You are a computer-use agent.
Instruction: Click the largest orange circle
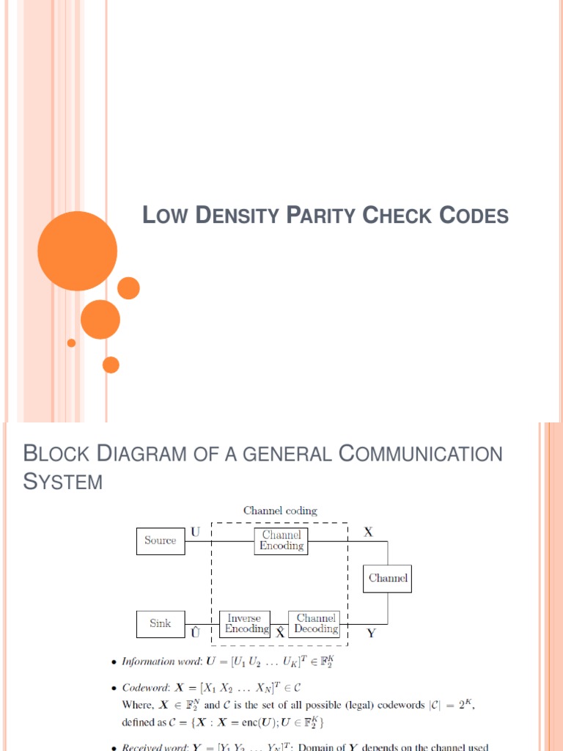click(77, 251)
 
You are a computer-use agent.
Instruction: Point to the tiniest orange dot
click(71, 342)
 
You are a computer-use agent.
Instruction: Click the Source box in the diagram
click(160, 541)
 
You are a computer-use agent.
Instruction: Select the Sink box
click(160, 623)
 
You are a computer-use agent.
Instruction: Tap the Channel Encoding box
click(281, 541)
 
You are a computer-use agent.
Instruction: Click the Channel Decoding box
click(316, 623)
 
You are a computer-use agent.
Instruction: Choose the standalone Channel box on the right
click(388, 578)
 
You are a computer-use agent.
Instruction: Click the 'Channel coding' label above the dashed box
click(280, 510)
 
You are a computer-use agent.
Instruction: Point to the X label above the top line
click(368, 533)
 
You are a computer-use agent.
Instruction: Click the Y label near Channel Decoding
click(371, 634)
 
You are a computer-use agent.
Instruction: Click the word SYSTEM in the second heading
click(63, 483)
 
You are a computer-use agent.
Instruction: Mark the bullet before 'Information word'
click(113, 662)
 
